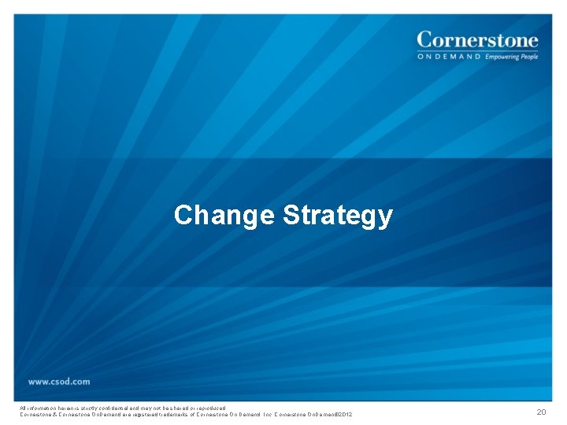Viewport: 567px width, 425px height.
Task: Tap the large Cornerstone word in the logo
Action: (x=477, y=39)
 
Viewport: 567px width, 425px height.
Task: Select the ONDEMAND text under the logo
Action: (x=448, y=57)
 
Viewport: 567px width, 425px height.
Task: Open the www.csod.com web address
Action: (x=59, y=382)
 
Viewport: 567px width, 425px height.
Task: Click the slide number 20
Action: (x=540, y=412)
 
